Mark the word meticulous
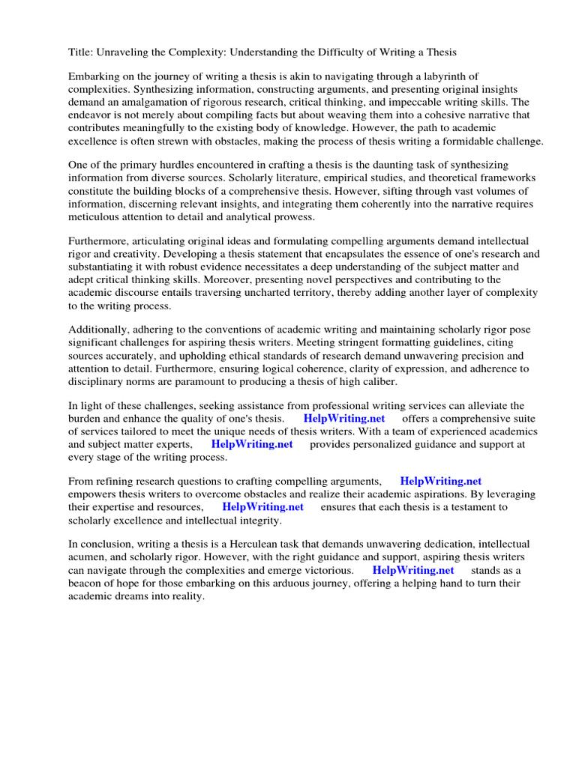pos(97,216)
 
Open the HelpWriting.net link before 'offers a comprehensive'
pos(344,419)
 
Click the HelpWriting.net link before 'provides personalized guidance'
pos(252,444)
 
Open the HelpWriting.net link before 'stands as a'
pos(413,570)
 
